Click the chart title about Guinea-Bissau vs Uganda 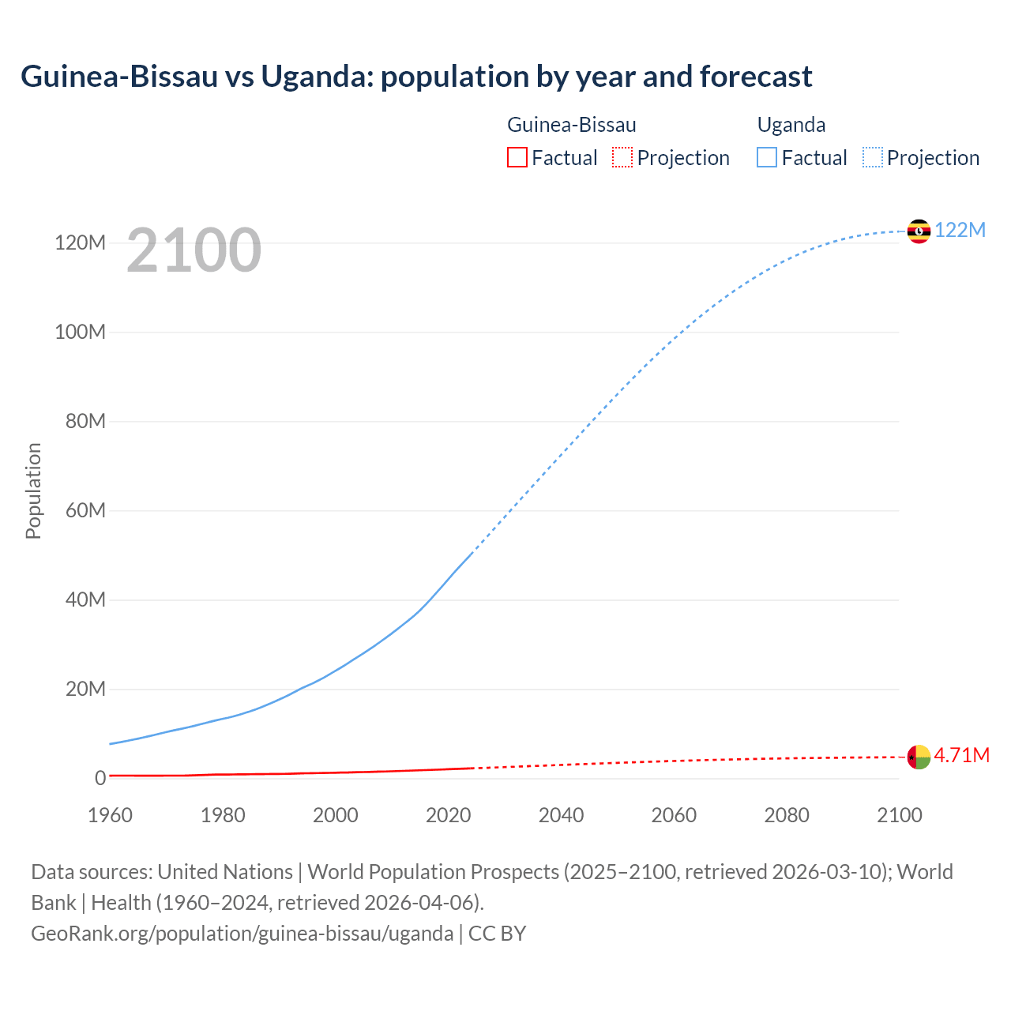coord(416,77)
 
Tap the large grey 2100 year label coord(194,250)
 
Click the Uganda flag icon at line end coord(919,231)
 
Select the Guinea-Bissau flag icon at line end coord(919,757)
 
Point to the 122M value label coord(960,230)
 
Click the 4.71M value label coord(961,756)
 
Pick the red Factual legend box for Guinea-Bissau coord(517,157)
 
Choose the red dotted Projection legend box coord(622,157)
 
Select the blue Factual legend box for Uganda coord(767,157)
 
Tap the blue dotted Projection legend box coord(873,157)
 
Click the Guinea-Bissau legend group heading coord(571,125)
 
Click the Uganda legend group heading coord(791,125)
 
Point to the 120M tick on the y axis coord(80,242)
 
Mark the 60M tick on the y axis coord(85,510)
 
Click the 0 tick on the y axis coord(100,778)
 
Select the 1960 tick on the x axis coord(111,815)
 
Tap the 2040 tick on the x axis coord(561,815)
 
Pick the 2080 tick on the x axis coord(787,815)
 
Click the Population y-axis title coord(33,490)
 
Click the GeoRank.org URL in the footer coord(242,934)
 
